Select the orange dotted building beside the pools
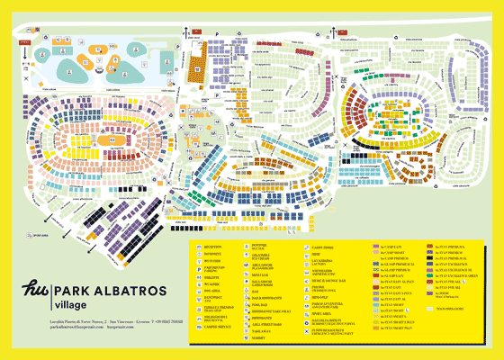(x=197, y=67)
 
